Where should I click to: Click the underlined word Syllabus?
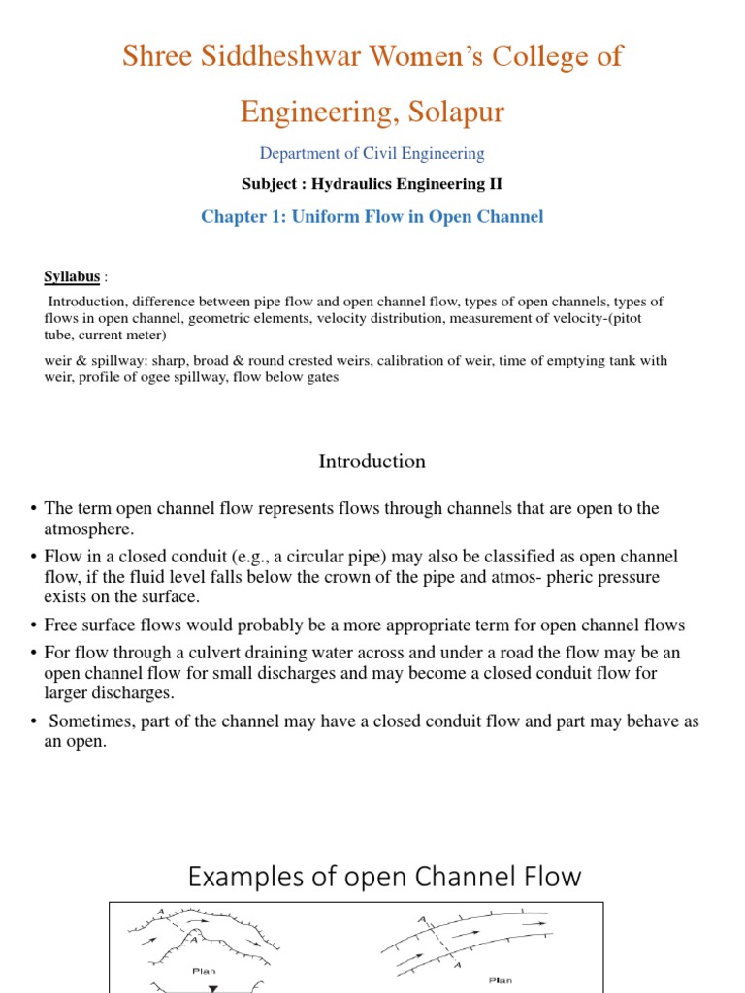tap(72, 277)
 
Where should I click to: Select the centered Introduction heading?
tap(372, 462)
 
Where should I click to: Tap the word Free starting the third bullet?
tap(62, 625)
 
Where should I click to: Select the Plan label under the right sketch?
tap(501, 980)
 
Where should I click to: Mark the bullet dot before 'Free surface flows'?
tap(34, 625)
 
